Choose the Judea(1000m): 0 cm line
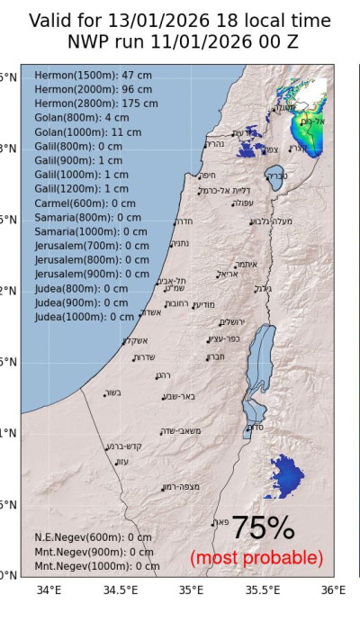pyautogui.click(x=85, y=317)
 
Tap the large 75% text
pyautogui.click(x=263, y=528)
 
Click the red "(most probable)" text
pyautogui.click(x=256, y=558)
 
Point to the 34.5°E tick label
pyautogui.click(x=120, y=590)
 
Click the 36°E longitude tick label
pyautogui.click(x=333, y=590)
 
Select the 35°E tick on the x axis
pyautogui.click(x=191, y=590)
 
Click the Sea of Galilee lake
pyautogui.click(x=274, y=177)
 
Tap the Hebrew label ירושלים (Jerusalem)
pyautogui.click(x=232, y=322)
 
